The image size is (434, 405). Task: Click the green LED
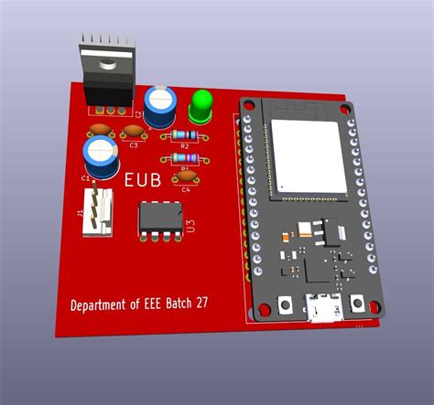(x=201, y=105)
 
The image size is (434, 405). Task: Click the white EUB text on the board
(x=143, y=182)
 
